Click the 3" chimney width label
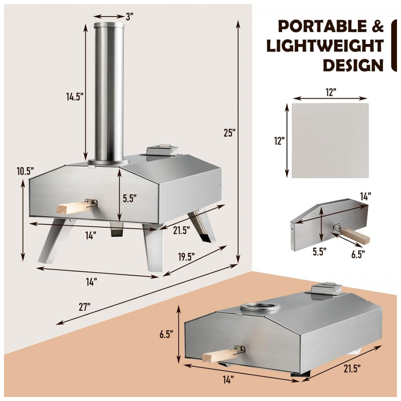pos(130,16)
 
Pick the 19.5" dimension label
pos(186,257)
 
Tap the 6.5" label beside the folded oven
pos(166,334)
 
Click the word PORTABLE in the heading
pos(322,26)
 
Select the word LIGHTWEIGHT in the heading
pos(325,46)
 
